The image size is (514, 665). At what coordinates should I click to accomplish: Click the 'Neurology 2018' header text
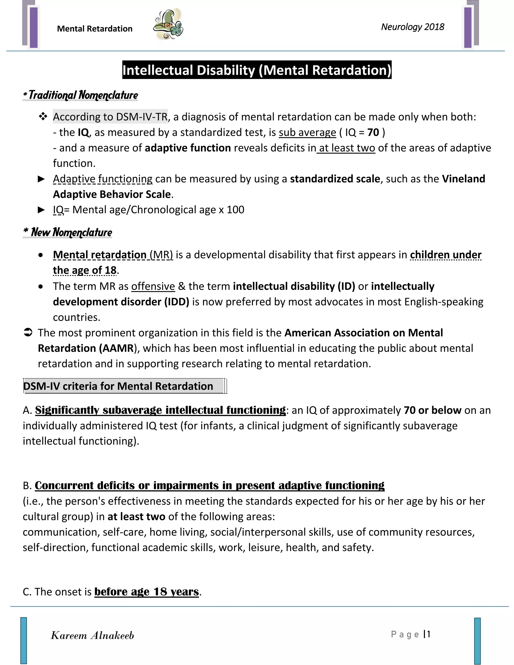(412, 27)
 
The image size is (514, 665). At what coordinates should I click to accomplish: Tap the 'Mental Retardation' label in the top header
(95, 29)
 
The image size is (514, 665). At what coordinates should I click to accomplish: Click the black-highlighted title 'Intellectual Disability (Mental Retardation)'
(257, 70)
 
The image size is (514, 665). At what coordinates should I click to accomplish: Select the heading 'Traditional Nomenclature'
(81, 95)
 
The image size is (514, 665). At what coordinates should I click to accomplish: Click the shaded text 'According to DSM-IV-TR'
(110, 117)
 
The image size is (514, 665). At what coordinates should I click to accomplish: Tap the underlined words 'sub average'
(307, 132)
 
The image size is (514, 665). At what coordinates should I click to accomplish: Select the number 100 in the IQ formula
(235, 210)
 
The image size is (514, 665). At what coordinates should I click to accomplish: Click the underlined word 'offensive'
(153, 287)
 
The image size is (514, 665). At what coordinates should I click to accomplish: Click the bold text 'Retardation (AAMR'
(86, 348)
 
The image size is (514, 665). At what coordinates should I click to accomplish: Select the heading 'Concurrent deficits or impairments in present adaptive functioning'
(210, 485)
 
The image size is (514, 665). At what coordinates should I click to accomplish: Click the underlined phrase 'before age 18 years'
(147, 592)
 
